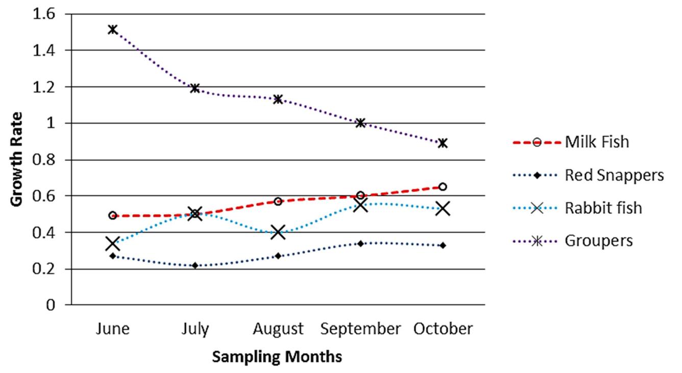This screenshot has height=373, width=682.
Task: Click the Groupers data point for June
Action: click(113, 29)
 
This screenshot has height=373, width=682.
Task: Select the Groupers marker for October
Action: click(443, 143)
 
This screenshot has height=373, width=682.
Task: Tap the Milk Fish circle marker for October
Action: click(443, 187)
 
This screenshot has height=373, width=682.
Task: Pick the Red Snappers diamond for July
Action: click(195, 265)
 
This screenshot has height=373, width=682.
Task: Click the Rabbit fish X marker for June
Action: click(113, 243)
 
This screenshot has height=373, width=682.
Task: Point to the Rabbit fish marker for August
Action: click(278, 232)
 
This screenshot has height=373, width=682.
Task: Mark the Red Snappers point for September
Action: click(360, 243)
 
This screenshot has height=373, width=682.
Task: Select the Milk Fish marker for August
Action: click(278, 202)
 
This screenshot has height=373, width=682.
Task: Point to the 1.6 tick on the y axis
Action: click(43, 14)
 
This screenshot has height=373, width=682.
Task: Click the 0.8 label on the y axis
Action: click(43, 160)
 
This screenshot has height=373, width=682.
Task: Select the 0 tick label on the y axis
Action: click(50, 305)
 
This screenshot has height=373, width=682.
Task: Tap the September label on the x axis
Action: click(360, 330)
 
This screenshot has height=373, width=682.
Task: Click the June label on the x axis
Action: click(113, 330)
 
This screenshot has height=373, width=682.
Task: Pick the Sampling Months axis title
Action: click(277, 357)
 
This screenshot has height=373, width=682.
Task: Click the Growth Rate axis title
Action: click(17, 159)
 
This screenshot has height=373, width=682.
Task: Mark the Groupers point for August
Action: click(278, 98)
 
